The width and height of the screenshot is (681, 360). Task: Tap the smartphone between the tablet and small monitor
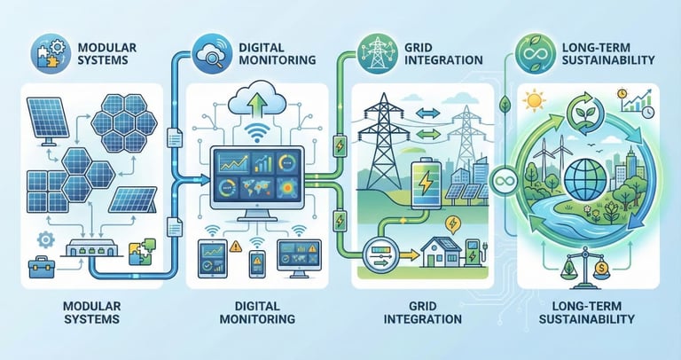coord(257,262)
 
